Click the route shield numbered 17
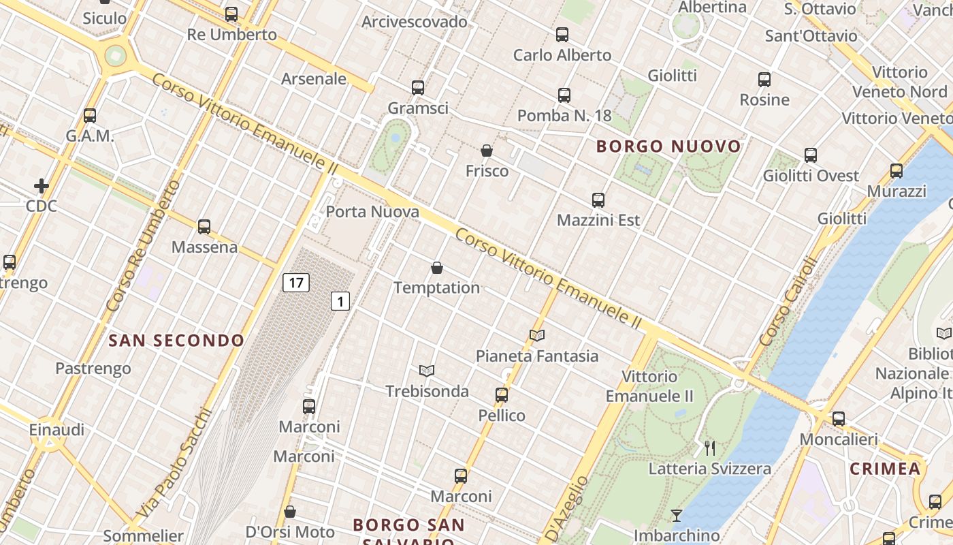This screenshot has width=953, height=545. point(296,282)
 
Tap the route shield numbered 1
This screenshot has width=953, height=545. point(340,300)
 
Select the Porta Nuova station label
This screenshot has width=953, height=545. point(372,212)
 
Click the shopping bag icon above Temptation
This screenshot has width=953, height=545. point(437,268)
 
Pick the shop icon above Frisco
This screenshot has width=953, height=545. point(487,151)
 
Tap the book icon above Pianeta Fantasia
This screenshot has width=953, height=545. point(537,335)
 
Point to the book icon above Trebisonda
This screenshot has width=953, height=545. point(427,371)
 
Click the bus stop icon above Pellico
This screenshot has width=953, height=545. point(502,395)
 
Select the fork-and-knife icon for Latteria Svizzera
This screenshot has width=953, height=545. point(710,448)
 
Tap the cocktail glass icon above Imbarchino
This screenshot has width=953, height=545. point(676,515)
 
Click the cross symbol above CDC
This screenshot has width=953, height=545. point(42,185)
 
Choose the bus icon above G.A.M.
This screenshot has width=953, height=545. point(90,116)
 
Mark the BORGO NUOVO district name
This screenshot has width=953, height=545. point(668,146)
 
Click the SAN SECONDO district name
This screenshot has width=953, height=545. point(176,340)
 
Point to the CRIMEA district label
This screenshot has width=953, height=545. point(885,469)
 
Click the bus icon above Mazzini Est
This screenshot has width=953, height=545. point(598,200)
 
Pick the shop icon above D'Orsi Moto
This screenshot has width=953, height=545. point(290,512)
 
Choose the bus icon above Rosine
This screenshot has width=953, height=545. point(764,80)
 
